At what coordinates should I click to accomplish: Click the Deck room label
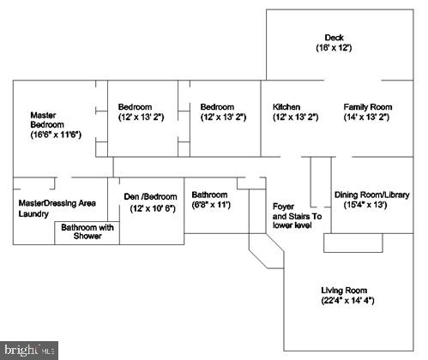[x=334, y=38]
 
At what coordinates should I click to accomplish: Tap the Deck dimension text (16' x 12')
[x=334, y=47]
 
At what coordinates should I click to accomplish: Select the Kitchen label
[x=286, y=107]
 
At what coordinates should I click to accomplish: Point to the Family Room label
[x=368, y=107]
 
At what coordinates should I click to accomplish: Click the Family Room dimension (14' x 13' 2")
[x=366, y=117]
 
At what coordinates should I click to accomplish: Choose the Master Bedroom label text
[x=47, y=120]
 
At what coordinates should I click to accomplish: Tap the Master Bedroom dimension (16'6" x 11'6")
[x=56, y=135]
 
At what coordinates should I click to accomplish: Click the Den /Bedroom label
[x=150, y=196]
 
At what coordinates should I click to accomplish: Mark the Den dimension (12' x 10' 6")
[x=153, y=208]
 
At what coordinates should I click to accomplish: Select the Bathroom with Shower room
[x=87, y=233]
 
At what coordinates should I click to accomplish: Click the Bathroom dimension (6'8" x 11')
[x=211, y=205]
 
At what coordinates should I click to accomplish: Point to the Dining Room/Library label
[x=372, y=195]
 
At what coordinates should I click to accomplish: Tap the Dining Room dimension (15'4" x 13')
[x=365, y=205]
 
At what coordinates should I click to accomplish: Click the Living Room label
[x=344, y=291]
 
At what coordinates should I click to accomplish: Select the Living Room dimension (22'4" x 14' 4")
[x=347, y=301]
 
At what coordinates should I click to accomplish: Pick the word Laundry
[x=33, y=213]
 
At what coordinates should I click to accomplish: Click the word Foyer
[x=283, y=207]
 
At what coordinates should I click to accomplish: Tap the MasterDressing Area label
[x=57, y=203]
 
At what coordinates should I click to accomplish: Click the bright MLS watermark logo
[x=29, y=351]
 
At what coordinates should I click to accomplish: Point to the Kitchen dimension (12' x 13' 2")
[x=295, y=117]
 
